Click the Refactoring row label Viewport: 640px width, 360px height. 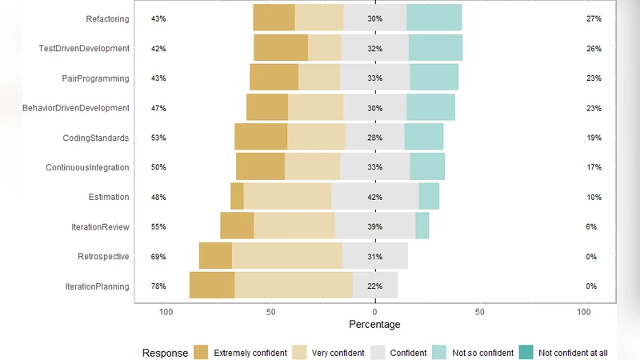tap(107, 18)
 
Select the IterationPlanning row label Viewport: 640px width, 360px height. tap(97, 286)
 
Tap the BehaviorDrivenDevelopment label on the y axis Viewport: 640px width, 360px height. tap(76, 108)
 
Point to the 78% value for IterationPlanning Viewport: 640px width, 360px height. tap(158, 286)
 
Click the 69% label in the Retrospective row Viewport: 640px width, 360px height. tap(158, 257)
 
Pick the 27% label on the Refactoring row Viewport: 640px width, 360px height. tap(593, 18)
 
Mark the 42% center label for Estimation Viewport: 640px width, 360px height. tap(374, 197)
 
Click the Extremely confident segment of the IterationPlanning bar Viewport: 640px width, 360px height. tap(212, 286)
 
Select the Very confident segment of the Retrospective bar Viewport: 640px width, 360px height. tap(287, 256)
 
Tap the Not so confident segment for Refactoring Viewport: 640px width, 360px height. tap(434, 18)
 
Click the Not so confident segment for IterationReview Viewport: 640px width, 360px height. tap(422, 226)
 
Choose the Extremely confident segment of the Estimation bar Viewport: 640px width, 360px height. tap(237, 196)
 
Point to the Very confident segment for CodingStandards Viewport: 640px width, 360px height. tap(317, 137)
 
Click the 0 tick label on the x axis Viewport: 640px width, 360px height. tap(375, 312)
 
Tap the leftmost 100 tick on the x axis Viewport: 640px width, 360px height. tap(166, 312)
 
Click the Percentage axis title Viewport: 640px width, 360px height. tap(375, 325)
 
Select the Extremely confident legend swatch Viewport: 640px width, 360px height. tap(201, 353)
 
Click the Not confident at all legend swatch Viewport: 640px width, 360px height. tap(526, 353)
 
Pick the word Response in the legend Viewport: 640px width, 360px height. tap(165, 353)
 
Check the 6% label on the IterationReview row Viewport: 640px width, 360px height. tap(591, 227)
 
